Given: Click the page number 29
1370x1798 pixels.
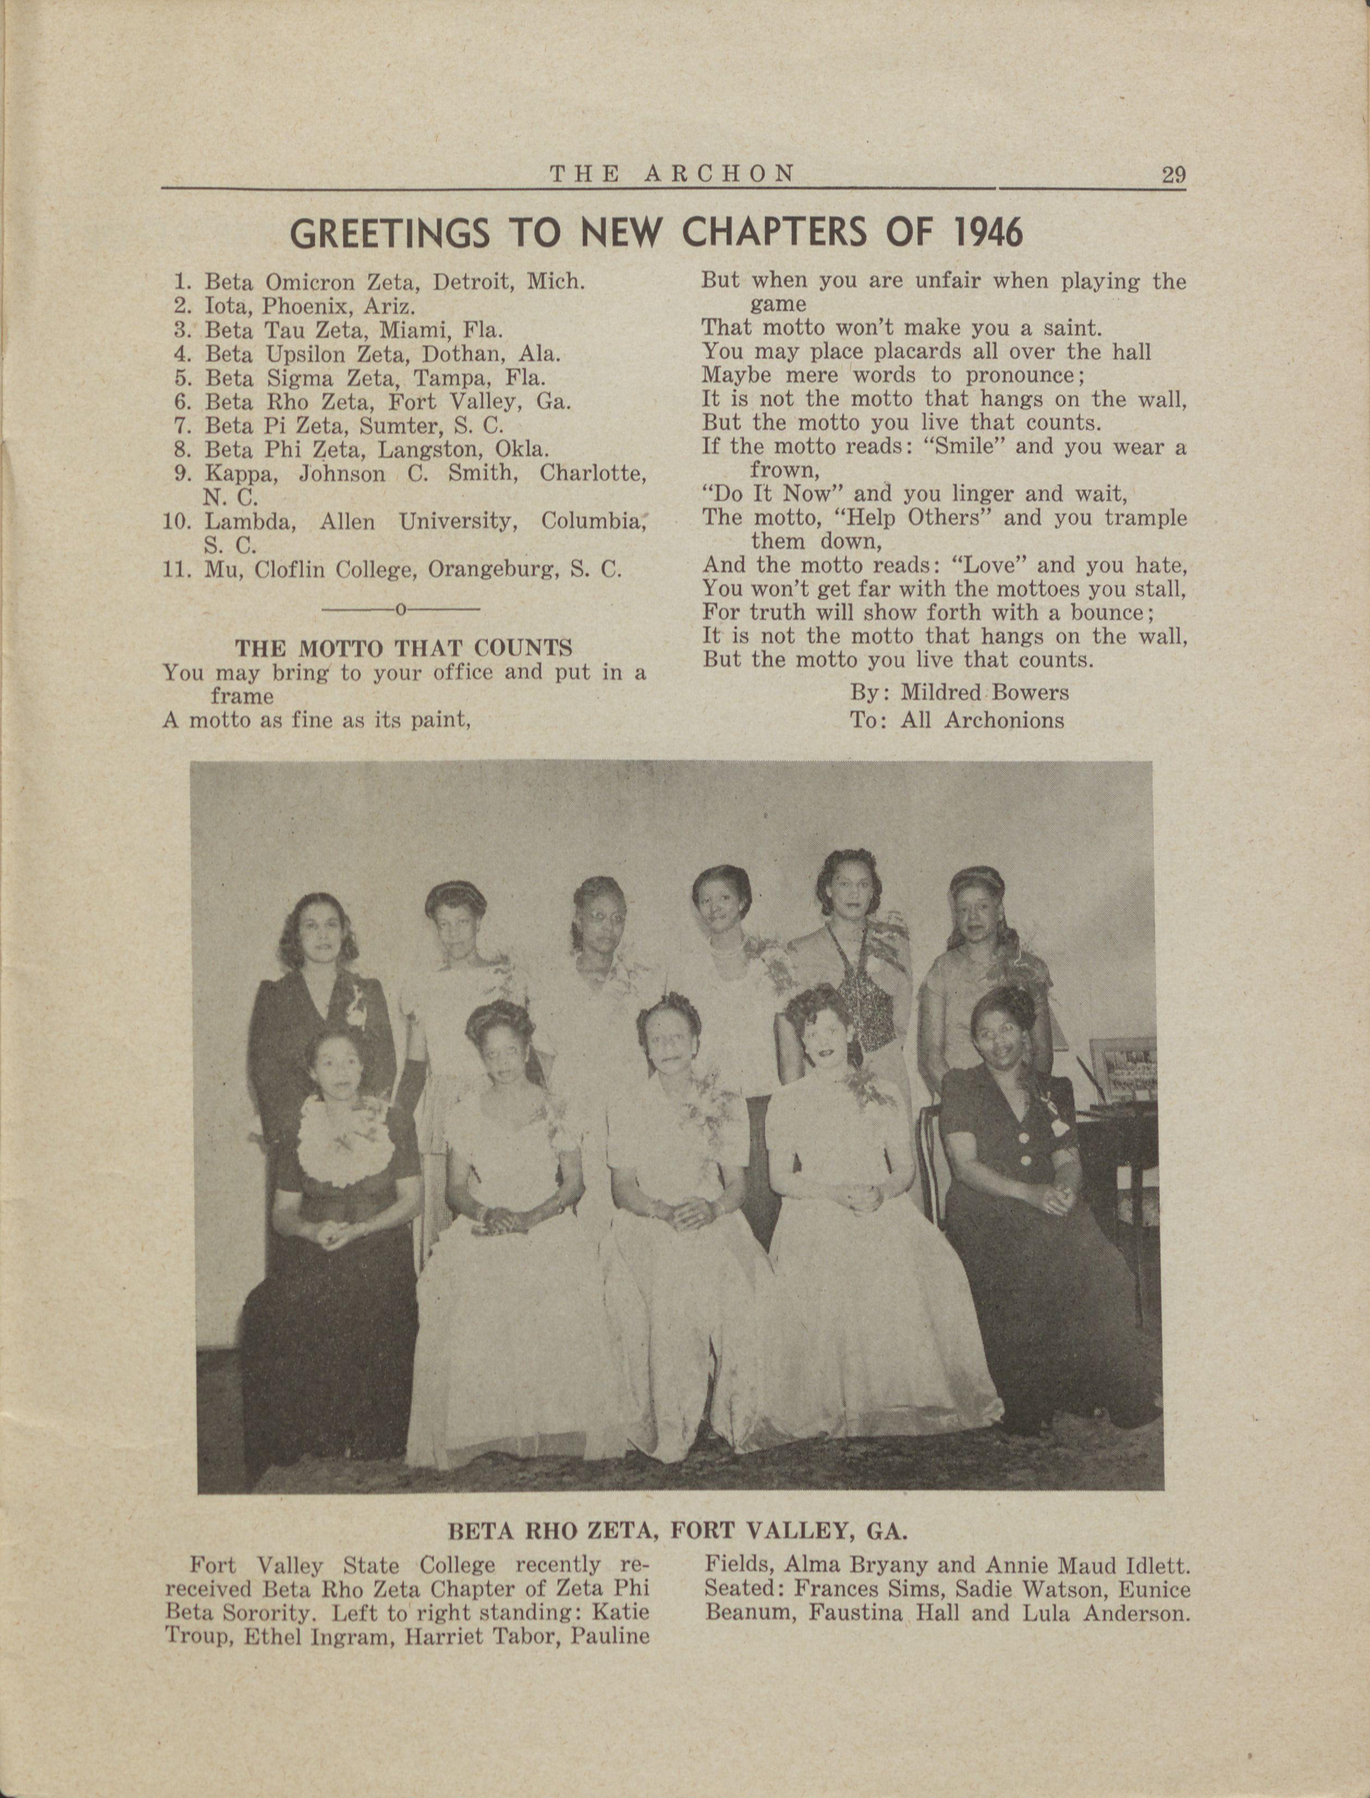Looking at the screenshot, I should (x=1173, y=175).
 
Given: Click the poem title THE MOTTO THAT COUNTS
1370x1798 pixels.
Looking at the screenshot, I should (x=404, y=648).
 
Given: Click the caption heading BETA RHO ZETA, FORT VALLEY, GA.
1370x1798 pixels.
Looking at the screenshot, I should (x=678, y=1530).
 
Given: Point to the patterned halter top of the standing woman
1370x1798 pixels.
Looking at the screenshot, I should (x=858, y=987).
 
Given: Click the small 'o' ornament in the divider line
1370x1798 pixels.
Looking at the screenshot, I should (x=400, y=609).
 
